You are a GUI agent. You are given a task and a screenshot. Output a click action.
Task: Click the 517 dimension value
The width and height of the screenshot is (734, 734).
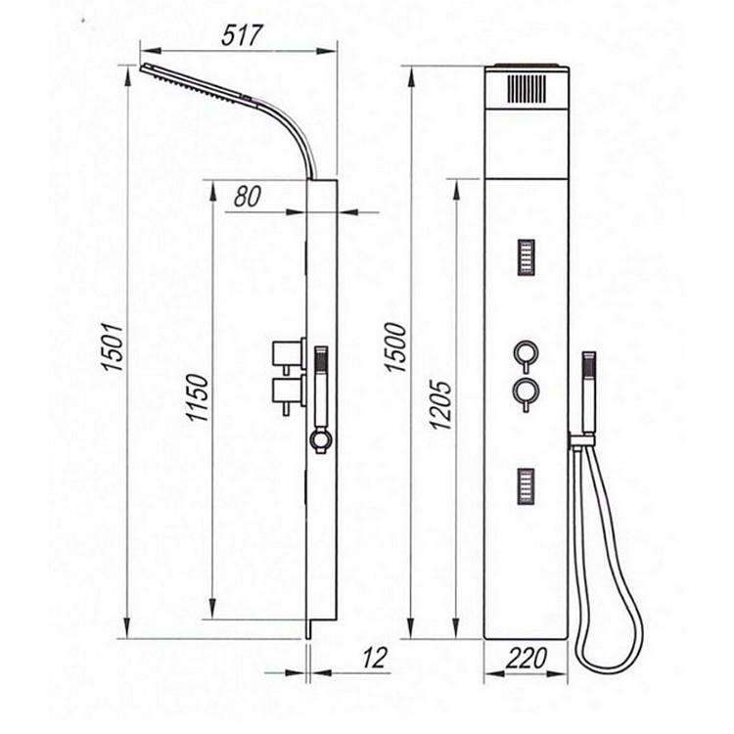point(242,35)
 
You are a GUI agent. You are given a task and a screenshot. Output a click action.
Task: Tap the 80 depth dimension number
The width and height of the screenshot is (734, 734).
point(247,197)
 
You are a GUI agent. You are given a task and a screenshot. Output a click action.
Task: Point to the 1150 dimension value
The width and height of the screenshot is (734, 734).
point(197,397)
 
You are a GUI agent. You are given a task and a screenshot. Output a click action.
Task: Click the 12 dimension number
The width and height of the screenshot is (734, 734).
point(374,658)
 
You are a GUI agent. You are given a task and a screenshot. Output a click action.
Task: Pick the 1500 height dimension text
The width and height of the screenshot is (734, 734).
point(395,346)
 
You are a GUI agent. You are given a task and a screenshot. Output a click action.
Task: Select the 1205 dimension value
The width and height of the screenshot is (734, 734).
point(440,405)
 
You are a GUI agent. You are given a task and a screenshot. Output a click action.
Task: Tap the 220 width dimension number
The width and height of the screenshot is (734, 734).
point(527,659)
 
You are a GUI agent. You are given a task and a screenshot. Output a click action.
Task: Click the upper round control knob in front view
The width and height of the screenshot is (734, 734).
point(527,352)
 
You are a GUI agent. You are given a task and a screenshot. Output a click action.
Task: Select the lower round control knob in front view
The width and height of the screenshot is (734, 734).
point(527,390)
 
